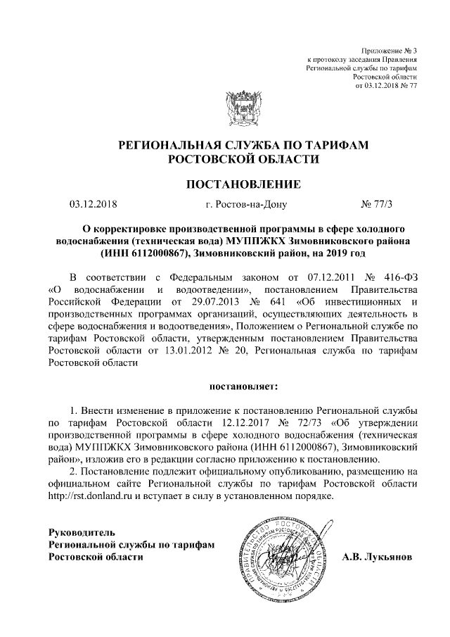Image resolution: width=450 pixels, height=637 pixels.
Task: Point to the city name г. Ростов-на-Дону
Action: click(x=243, y=206)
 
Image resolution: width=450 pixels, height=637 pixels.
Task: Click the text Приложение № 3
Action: click(x=389, y=51)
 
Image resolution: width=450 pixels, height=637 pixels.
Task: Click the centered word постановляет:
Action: click(x=243, y=386)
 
